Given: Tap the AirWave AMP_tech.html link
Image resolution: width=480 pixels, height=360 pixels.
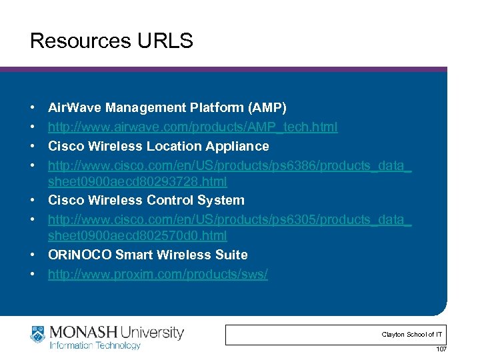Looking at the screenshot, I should tap(193, 127).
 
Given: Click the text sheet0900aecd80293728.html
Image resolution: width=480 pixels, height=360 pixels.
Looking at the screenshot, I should tap(137, 181).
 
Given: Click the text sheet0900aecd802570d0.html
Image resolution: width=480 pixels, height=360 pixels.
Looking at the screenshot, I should tap(137, 235).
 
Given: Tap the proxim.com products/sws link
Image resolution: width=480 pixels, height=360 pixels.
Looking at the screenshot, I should tap(158, 274).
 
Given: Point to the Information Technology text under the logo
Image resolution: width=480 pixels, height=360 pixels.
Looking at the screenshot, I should tap(95, 345).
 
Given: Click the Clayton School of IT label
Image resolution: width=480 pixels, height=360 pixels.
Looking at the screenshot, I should tap(412, 335).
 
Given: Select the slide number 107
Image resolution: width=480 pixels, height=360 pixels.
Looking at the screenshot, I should tap(441, 350).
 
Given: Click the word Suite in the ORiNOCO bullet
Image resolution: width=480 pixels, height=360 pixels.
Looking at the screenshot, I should tap(232, 255).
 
